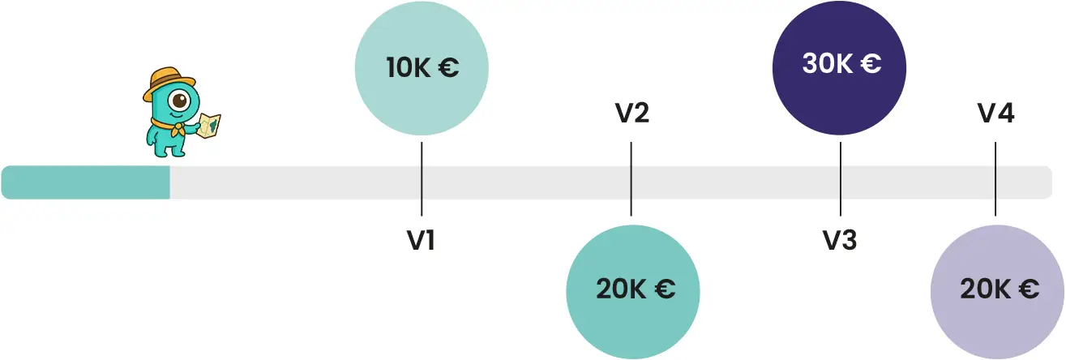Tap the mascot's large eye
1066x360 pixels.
click(x=178, y=102)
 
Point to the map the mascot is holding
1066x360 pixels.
click(x=209, y=125)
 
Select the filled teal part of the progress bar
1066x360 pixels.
click(x=85, y=182)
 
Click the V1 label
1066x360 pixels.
click(x=421, y=240)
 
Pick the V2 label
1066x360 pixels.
click(x=631, y=114)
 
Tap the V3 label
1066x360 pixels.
click(x=840, y=240)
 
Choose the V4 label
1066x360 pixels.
click(x=995, y=114)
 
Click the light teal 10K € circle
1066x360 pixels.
click(x=422, y=68)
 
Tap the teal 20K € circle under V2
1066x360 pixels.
click(x=632, y=289)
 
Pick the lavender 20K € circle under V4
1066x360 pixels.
click(x=997, y=289)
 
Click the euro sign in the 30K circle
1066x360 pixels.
click(x=871, y=64)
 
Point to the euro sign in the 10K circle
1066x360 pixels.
click(x=448, y=68)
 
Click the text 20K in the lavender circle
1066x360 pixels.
click(x=983, y=289)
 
